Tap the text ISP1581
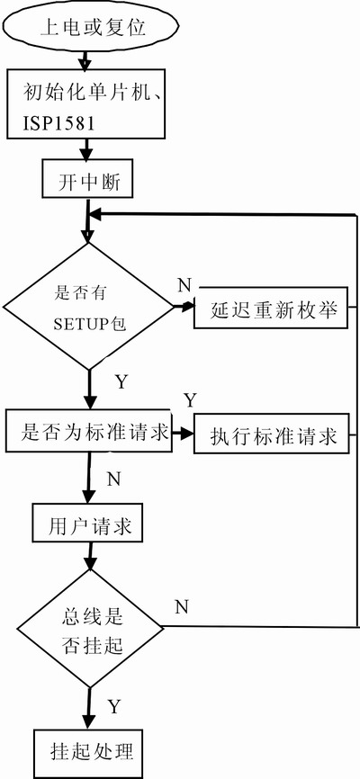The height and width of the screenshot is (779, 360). [58, 123]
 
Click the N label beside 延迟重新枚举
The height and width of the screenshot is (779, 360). [184, 286]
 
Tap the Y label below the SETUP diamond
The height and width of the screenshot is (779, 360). [121, 382]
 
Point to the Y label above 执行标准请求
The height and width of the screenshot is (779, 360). [191, 399]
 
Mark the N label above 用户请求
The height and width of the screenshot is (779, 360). [114, 479]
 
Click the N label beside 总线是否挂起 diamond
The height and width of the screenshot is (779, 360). [182, 606]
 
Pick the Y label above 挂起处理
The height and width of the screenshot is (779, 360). [115, 706]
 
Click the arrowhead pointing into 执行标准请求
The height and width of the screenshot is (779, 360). [187, 433]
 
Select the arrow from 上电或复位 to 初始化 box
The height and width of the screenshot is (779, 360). [85, 60]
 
